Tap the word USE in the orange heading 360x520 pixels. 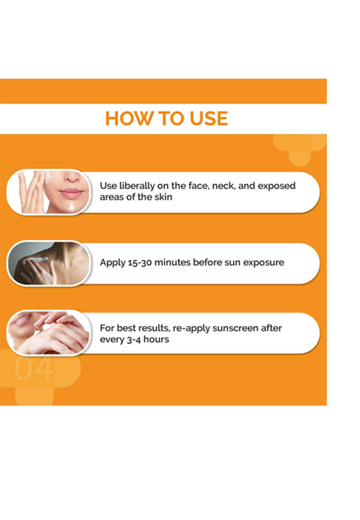point(209,118)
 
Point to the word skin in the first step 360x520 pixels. point(163,197)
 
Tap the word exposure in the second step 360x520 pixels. point(263,262)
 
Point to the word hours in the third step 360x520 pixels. point(156,339)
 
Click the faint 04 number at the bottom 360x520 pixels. point(34,369)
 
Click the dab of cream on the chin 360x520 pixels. point(71,208)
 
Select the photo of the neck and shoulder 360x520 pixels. point(49,262)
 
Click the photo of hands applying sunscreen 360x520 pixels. point(49,332)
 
